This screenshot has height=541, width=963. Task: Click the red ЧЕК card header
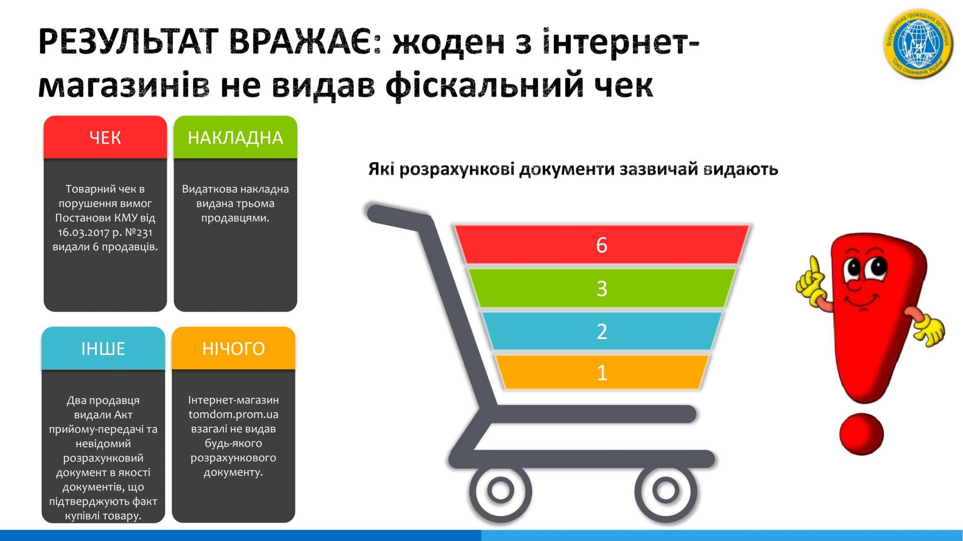pyautogui.click(x=105, y=137)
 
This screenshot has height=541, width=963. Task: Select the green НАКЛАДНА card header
pyautogui.click(x=235, y=137)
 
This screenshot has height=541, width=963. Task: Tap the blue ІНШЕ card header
pyautogui.click(x=103, y=348)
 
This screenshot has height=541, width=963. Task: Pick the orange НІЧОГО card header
pyautogui.click(x=233, y=348)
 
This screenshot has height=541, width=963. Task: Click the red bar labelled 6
pyautogui.click(x=602, y=245)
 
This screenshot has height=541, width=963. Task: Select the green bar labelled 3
pyautogui.click(x=602, y=288)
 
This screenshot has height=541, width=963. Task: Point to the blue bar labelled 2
pyautogui.click(x=602, y=331)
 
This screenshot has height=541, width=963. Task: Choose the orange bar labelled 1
pyautogui.click(x=602, y=372)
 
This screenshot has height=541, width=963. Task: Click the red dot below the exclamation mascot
pyautogui.click(x=861, y=434)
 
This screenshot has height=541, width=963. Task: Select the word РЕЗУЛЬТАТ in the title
pyautogui.click(x=127, y=42)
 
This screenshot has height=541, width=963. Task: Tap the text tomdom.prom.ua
pyautogui.click(x=233, y=414)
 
